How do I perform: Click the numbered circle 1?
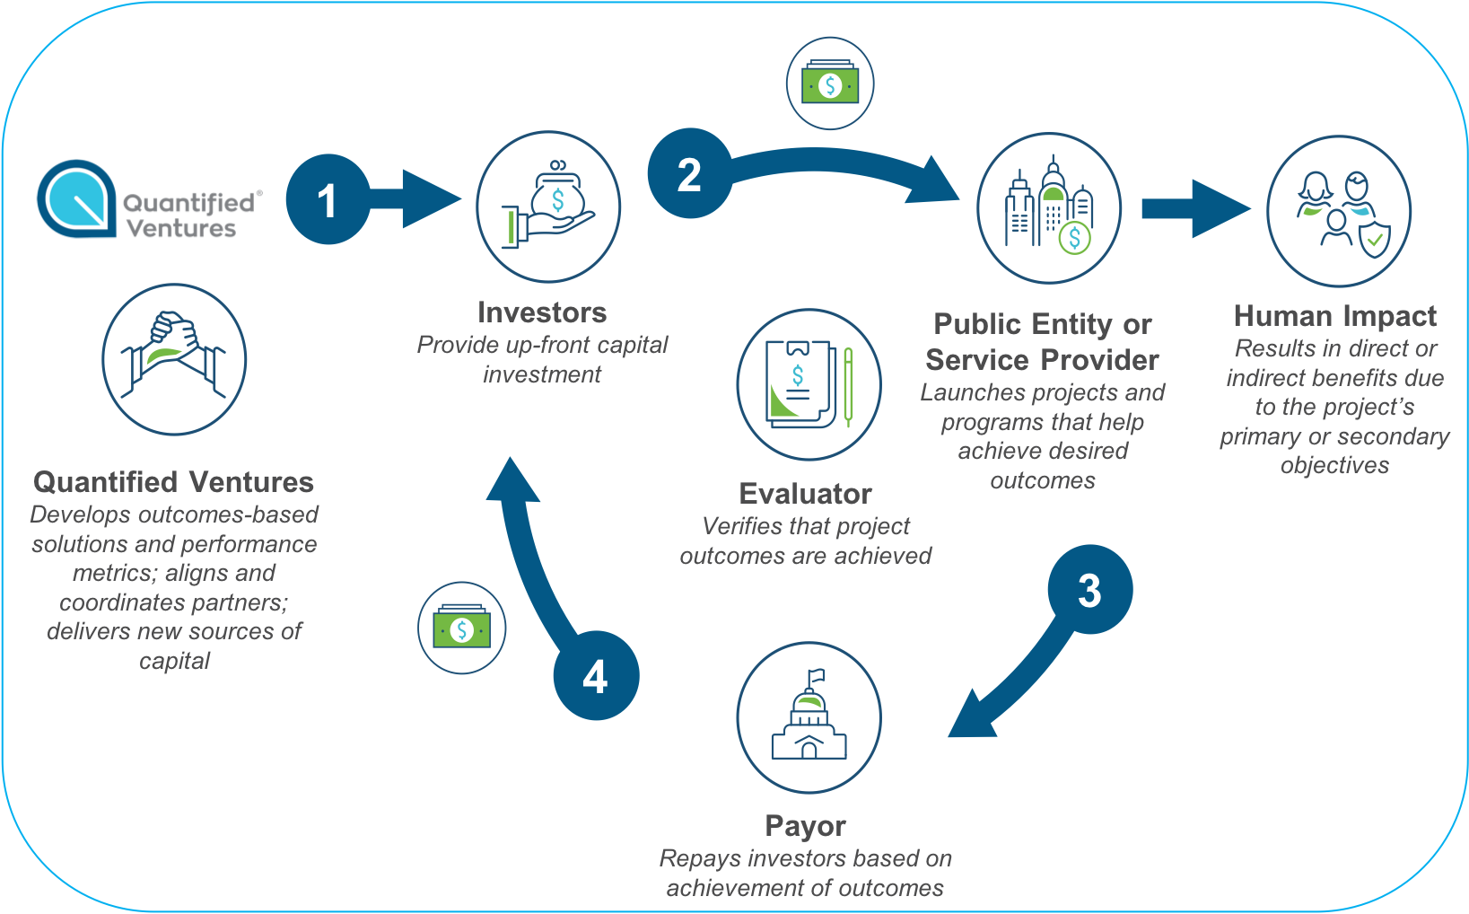328,199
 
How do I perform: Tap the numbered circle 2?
689,173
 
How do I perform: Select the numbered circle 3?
1089,590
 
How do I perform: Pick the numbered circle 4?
596,676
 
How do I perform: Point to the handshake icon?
174,359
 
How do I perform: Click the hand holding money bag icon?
547,207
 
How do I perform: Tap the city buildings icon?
1048,208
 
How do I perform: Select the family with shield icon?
1338,211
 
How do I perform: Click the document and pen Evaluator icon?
809,384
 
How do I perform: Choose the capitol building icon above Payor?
809,717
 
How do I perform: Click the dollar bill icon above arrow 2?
830,83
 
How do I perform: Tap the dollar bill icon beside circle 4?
461,628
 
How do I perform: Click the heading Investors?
542,312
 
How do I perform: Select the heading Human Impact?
1334,316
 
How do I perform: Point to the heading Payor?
805,826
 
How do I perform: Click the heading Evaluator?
805,494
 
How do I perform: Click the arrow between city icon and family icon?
1194,208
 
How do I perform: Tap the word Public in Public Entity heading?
977,324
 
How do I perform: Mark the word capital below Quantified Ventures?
174,662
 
